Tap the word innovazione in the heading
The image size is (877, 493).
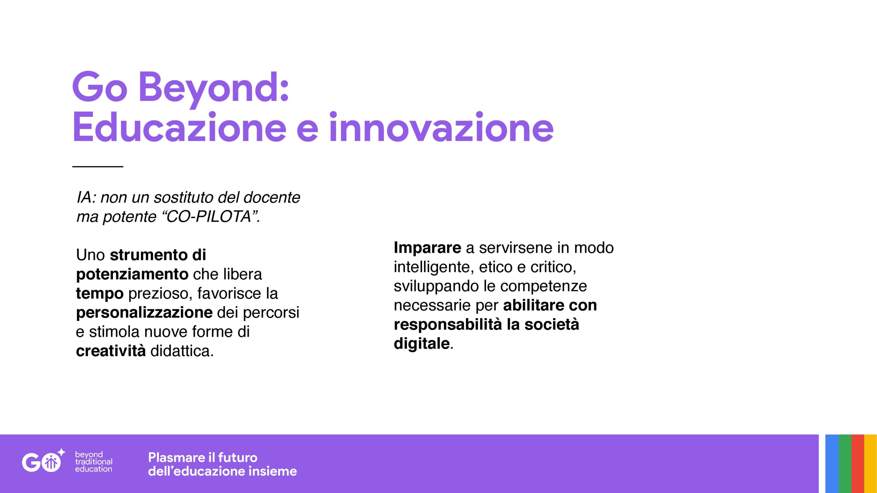[x=441, y=127]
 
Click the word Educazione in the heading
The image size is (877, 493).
[x=179, y=127]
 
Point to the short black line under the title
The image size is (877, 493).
[x=98, y=166]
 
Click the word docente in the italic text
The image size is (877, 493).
[x=272, y=197]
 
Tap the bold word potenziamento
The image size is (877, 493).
[x=132, y=274]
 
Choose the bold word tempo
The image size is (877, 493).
[x=100, y=294]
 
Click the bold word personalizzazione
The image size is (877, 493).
[x=144, y=313]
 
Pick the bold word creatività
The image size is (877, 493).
[x=111, y=351]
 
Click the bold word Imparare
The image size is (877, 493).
[x=428, y=248]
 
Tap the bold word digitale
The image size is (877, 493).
[x=422, y=343]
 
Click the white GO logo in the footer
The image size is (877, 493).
[x=42, y=462]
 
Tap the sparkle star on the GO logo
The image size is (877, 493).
[x=61, y=452]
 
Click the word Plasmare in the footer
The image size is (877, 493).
[x=176, y=457]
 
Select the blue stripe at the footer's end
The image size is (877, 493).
[x=832, y=464]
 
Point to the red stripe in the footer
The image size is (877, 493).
[x=858, y=464]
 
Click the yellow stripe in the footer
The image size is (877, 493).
[x=870, y=464]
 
